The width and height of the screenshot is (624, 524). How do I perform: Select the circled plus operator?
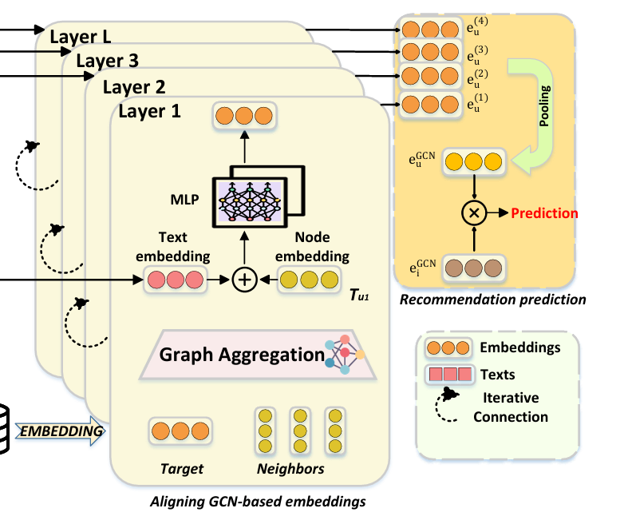(243, 280)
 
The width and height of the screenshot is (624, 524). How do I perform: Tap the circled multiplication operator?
(474, 213)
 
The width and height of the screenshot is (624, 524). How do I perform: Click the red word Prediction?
(544, 213)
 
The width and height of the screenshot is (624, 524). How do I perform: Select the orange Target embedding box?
(181, 431)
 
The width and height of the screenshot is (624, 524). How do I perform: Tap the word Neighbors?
(290, 469)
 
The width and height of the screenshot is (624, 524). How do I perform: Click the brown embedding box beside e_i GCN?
(475, 266)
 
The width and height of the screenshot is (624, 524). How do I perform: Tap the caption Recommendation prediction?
(492, 300)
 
